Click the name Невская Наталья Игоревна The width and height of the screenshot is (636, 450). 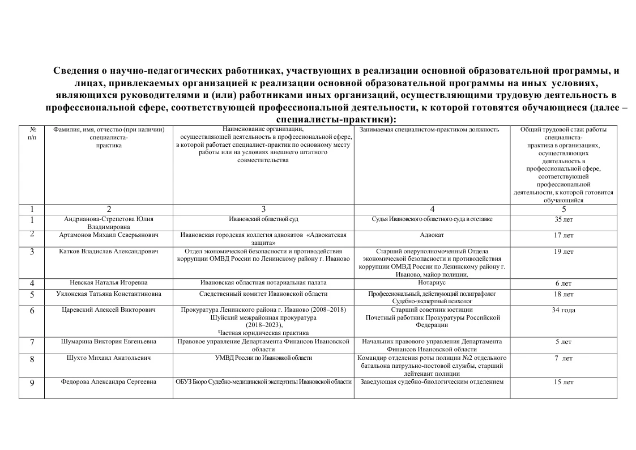pyautogui.click(x=108, y=283)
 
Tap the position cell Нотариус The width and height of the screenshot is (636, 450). pyautogui.click(x=433, y=283)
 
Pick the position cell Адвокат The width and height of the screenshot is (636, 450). pyautogui.click(x=433, y=235)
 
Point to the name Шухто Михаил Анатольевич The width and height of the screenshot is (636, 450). pyautogui.click(x=108, y=358)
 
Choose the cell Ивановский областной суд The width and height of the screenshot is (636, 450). pyautogui.click(x=263, y=219)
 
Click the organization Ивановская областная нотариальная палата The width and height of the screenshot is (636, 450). pyautogui.click(x=263, y=283)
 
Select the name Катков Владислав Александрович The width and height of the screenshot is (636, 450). pyautogui.click(x=108, y=251)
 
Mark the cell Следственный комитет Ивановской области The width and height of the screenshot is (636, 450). pyautogui.click(x=263, y=294)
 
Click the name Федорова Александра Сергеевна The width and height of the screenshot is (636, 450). pyautogui.click(x=108, y=382)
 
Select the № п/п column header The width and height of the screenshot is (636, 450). pyautogui.click(x=32, y=134)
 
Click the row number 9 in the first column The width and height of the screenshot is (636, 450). pyautogui.click(x=32, y=383)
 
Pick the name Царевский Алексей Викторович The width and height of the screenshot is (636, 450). pyautogui.click(x=108, y=310)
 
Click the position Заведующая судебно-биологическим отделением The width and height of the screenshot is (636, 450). pyautogui.click(x=433, y=381)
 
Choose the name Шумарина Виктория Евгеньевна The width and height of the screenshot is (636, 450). pyautogui.click(x=108, y=342)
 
